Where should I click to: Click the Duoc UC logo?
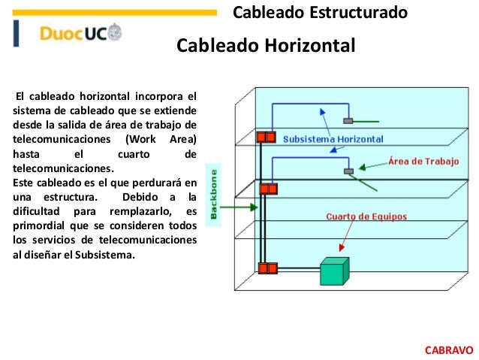tap(79, 33)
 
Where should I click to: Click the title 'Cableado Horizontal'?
tap(265, 47)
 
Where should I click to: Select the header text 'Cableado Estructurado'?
tap(320, 12)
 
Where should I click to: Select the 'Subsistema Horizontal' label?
tap(333, 139)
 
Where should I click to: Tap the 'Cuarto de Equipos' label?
tap(366, 216)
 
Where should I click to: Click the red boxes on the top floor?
tap(267, 138)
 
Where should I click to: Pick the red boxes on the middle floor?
tap(268, 189)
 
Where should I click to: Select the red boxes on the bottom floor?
tap(268, 268)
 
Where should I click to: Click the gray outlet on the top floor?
tap(348, 120)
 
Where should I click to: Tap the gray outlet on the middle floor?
tap(348, 171)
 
